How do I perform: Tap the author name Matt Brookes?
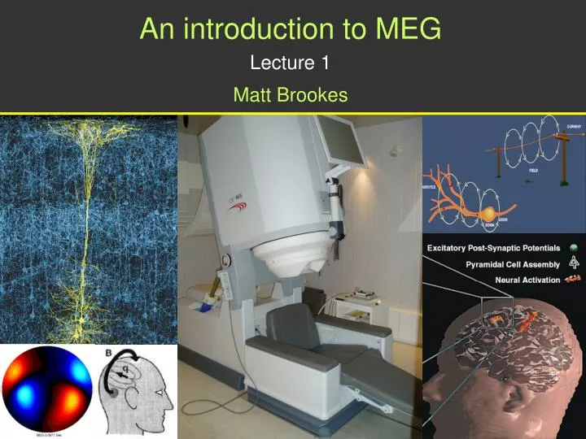tap(290, 95)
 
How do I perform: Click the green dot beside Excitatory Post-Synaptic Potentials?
tap(574, 248)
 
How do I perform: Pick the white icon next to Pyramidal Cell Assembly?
tap(574, 263)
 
